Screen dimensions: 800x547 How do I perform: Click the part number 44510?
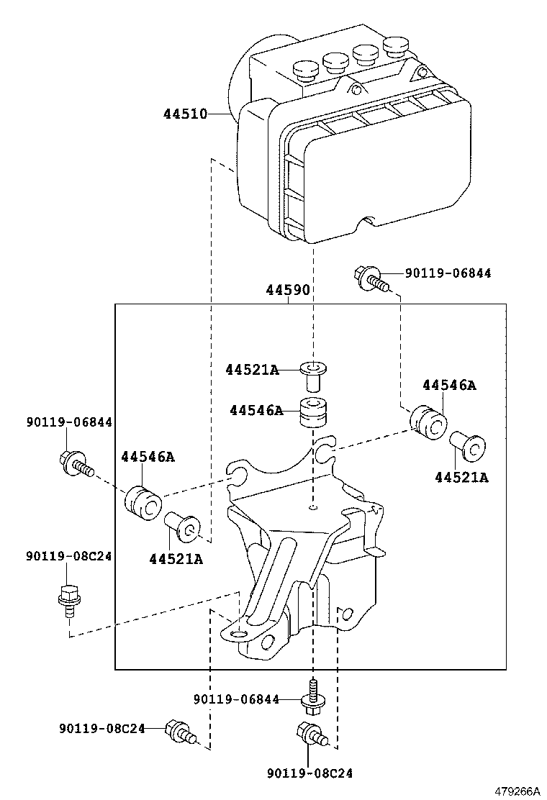185,114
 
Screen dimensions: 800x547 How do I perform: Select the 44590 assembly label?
288,291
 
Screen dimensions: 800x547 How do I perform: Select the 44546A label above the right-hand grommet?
449,385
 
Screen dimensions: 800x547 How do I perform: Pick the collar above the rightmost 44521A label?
467,446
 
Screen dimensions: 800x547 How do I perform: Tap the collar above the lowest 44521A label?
183,529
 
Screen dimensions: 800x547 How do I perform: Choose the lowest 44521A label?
176,558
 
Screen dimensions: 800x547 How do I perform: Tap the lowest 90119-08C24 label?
309,773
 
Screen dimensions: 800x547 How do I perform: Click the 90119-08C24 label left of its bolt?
102,728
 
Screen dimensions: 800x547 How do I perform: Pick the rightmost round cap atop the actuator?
395,48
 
